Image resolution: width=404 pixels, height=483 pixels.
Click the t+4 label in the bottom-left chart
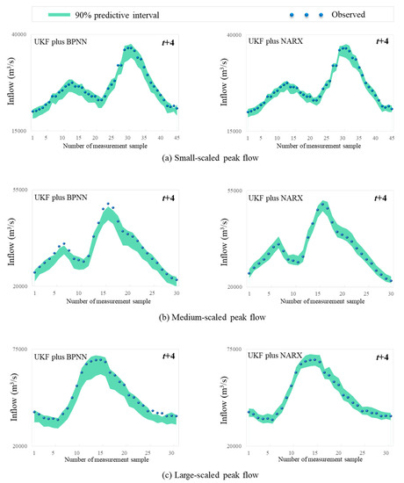pyautogui.click(x=169, y=358)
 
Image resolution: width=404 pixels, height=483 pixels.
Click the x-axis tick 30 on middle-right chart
pyautogui.click(x=389, y=293)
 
